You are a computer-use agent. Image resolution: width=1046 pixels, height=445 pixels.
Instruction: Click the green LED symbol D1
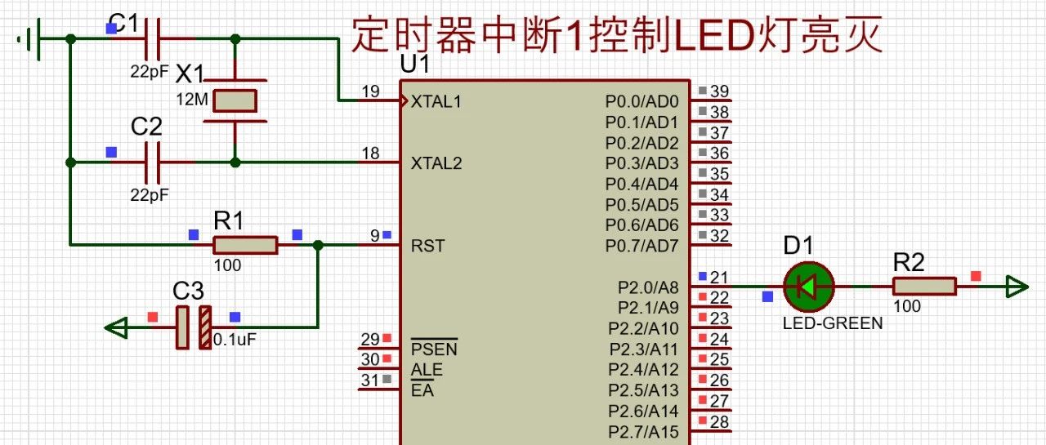tap(808, 287)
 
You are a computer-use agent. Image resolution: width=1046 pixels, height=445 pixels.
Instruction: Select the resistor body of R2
tap(924, 287)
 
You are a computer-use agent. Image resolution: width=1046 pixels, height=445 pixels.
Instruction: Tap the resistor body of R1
tap(245, 245)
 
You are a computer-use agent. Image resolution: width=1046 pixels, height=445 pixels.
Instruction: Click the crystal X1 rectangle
tap(235, 100)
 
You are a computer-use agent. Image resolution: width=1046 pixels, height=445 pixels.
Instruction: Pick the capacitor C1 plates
tap(153, 39)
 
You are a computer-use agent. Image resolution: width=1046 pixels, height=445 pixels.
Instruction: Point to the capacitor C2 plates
tap(153, 162)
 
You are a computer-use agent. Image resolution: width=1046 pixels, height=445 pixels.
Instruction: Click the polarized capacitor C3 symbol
tap(194, 327)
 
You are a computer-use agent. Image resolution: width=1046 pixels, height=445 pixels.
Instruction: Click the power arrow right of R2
tap(1017, 287)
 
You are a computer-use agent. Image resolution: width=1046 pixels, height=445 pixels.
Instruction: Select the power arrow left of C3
tap(116, 327)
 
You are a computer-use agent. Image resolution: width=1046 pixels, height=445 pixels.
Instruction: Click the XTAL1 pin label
tap(436, 102)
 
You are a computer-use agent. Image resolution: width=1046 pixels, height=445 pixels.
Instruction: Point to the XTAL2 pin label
tap(436, 163)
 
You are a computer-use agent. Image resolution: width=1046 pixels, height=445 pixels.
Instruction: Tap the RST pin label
tap(427, 246)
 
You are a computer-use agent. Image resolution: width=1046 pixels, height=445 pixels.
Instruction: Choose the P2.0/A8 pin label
tap(648, 287)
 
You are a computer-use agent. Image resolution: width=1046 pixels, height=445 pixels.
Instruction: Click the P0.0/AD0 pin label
tap(641, 102)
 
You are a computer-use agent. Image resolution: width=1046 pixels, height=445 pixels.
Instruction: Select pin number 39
tap(719, 91)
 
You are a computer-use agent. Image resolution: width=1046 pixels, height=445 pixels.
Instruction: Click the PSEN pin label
tap(434, 349)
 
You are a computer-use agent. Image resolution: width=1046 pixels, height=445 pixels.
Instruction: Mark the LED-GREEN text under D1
tap(833, 323)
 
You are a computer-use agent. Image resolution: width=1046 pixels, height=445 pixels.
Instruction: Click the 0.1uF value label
tap(235, 340)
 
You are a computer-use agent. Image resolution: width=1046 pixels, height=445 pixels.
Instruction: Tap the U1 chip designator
tap(415, 64)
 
